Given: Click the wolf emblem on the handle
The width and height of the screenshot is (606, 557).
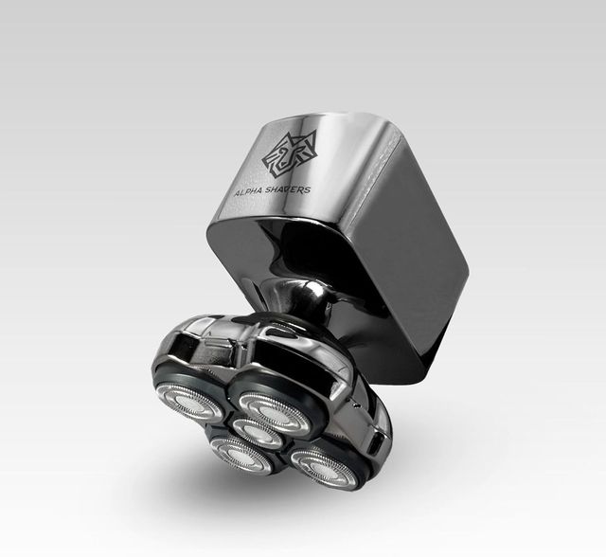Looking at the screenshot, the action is (x=290, y=153).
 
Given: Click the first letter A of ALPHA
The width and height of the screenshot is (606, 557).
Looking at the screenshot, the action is (x=238, y=193).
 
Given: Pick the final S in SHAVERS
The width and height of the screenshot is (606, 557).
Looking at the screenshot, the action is (x=307, y=189).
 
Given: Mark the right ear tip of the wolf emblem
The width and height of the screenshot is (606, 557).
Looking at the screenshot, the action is (x=313, y=132).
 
